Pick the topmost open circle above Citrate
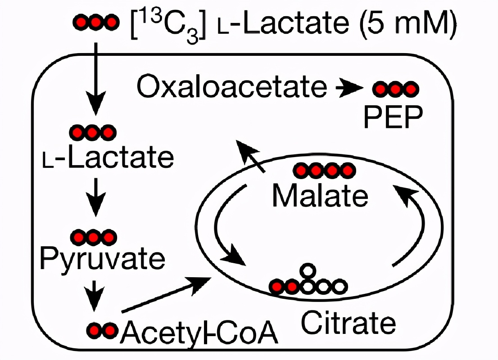[307, 271]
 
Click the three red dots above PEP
[395, 90]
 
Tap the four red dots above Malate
[324, 171]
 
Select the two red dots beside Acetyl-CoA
[102, 330]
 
